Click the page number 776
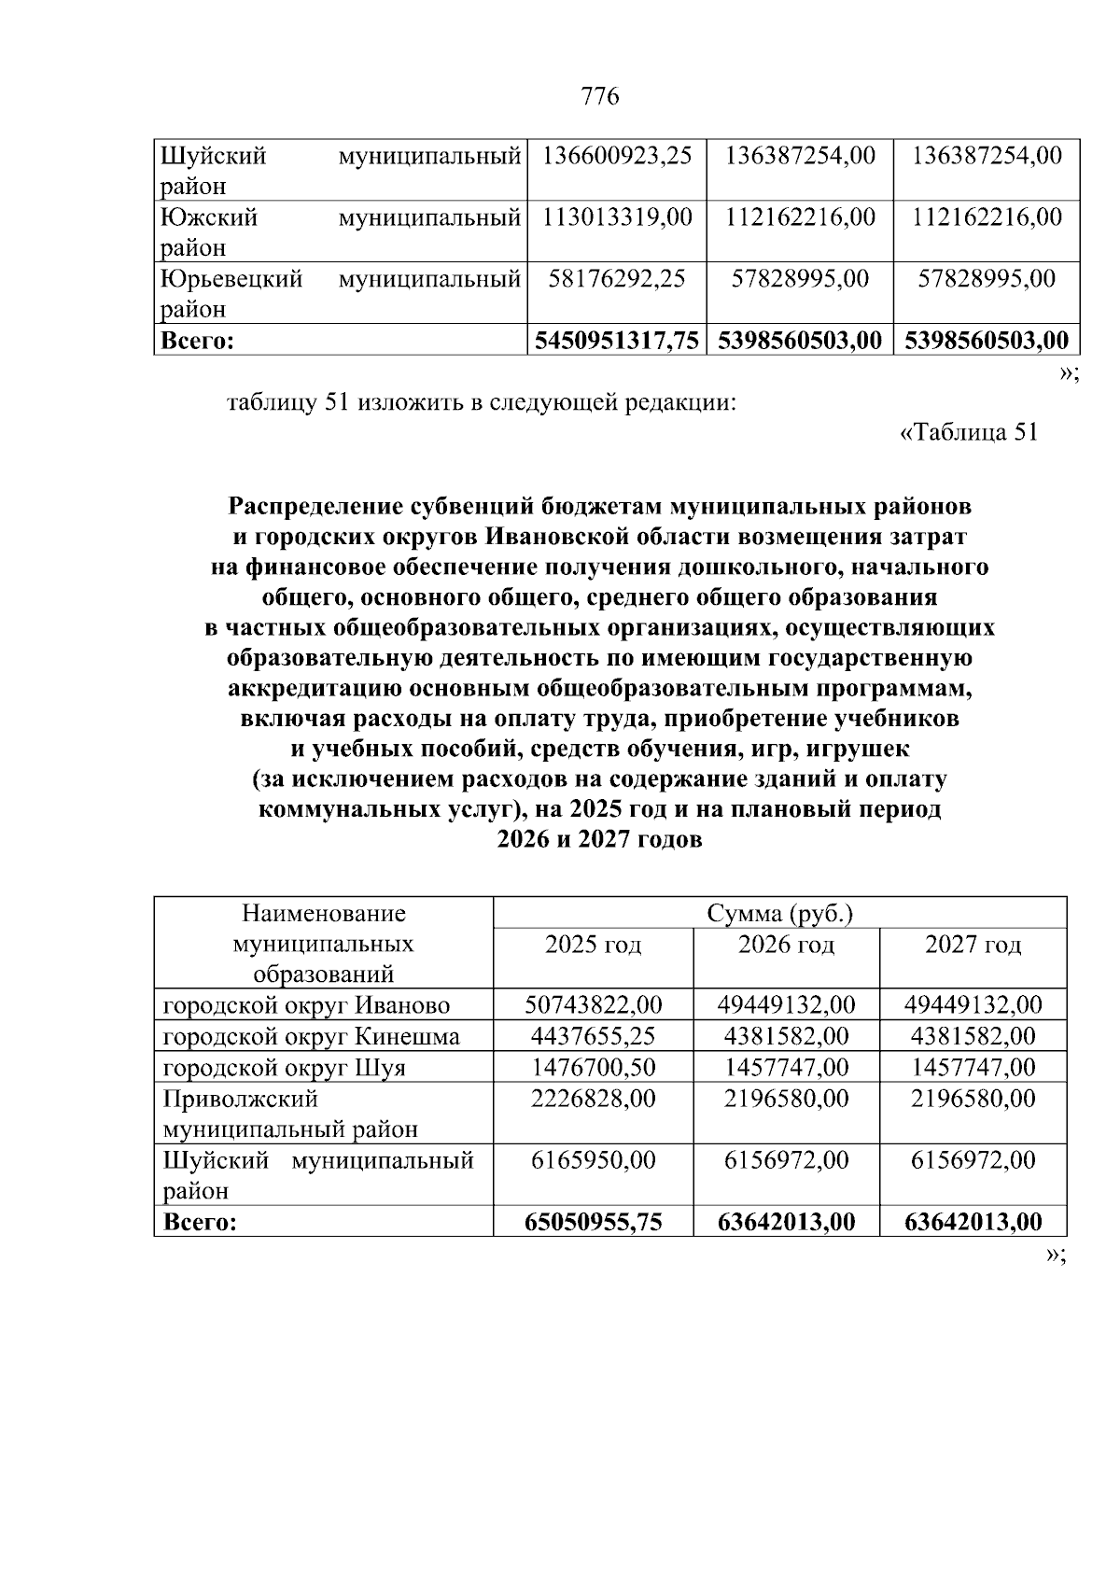pyautogui.click(x=599, y=97)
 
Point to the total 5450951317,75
pyautogui.click(x=617, y=340)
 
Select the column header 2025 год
pyautogui.click(x=593, y=945)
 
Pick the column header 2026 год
pyautogui.click(x=786, y=945)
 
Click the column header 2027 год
pyautogui.click(x=973, y=945)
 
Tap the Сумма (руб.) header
pyautogui.click(x=780, y=913)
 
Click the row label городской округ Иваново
pyautogui.click(x=306, y=1005)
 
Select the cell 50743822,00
pyautogui.click(x=593, y=1005)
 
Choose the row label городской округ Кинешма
pyautogui.click(x=311, y=1036)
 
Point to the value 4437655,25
pyautogui.click(x=593, y=1036)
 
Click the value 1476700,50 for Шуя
pyautogui.click(x=593, y=1067)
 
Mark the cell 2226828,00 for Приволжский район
pyautogui.click(x=593, y=1099)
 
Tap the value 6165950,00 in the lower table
pyautogui.click(x=593, y=1160)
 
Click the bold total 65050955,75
pyautogui.click(x=593, y=1222)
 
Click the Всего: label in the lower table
pyautogui.click(x=200, y=1222)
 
